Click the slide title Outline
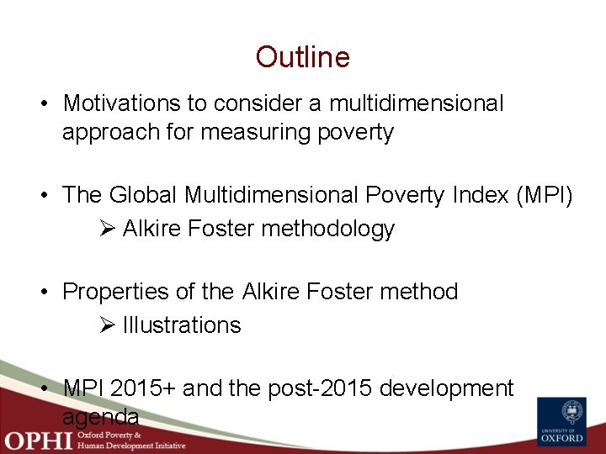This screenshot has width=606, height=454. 302,57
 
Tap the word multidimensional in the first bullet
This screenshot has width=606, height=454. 417,103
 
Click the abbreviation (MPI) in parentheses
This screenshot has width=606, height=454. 544,195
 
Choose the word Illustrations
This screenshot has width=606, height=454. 182,325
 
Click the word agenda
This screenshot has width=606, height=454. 100,417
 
